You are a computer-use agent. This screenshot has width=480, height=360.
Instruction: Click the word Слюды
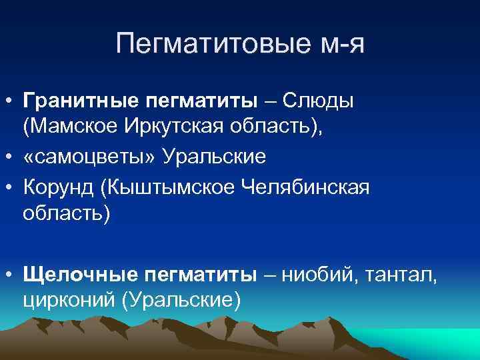coord(319,101)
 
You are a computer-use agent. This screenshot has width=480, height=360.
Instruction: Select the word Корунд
coord(57,187)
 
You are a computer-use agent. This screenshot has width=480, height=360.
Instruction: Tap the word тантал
coord(399,273)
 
